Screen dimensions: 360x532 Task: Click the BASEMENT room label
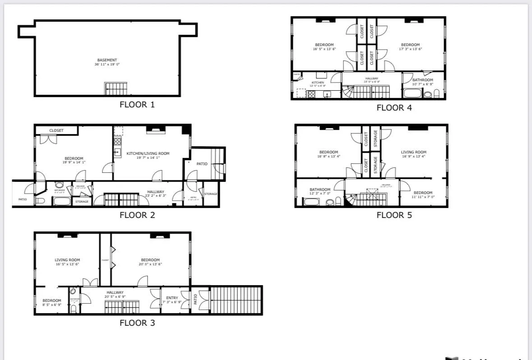pos(107,60)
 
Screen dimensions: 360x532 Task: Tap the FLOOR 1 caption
pos(137,105)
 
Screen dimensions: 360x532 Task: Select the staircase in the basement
pos(116,88)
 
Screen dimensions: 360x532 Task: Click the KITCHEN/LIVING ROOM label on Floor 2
pos(148,153)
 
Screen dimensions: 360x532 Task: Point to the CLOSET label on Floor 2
pos(56,130)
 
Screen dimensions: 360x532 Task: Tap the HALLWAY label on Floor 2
pos(156,192)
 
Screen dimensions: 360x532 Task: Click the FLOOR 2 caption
pos(137,215)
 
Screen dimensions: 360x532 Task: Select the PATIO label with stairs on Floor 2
pos(202,164)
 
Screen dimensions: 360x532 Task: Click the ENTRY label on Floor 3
pos(172,298)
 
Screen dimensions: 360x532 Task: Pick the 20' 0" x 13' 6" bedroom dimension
pos(150,264)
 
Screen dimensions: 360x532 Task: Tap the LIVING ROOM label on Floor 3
pos(67,260)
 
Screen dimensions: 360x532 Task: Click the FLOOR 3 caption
pos(137,323)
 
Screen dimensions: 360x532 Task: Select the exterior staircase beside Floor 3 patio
pos(236,300)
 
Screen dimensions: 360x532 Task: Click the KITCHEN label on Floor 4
pos(318,83)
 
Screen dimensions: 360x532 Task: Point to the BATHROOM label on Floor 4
pos(423,80)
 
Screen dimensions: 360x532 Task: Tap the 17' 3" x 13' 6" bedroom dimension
pos(410,49)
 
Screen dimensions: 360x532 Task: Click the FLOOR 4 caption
pos(394,107)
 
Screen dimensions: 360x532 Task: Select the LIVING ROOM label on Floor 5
pos(414,152)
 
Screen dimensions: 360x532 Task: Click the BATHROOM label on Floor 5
pos(320,189)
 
